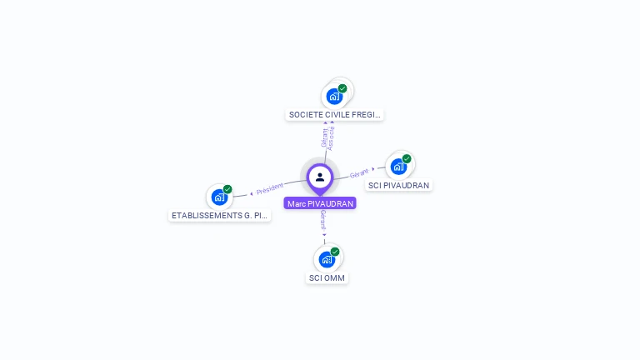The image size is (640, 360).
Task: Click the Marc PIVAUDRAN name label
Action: point(320,203)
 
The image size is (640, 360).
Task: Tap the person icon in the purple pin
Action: point(320,177)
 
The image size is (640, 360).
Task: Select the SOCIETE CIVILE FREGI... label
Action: point(335,114)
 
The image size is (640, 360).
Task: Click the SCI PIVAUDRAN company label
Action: point(399,185)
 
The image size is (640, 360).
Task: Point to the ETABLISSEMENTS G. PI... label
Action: point(220,215)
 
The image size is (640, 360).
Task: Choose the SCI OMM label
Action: point(327,277)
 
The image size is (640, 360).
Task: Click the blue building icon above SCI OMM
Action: point(327,259)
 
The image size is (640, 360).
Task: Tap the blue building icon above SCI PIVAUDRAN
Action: point(398,166)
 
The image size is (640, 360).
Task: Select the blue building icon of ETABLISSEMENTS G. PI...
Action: point(218,197)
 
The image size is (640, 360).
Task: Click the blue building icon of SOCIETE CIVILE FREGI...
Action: point(334,95)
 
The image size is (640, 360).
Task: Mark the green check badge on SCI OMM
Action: point(335,252)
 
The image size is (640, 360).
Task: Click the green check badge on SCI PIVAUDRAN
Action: point(407,158)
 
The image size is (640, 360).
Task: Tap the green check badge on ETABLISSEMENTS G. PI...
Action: point(227,189)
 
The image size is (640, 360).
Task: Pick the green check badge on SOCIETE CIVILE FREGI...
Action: point(342,87)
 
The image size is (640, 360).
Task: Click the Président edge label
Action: point(270,190)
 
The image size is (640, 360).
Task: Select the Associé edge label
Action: point(331,138)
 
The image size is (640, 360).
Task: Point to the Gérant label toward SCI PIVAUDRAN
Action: point(359,173)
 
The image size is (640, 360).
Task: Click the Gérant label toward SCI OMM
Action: point(323,218)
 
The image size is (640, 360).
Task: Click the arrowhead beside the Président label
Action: point(252,193)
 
